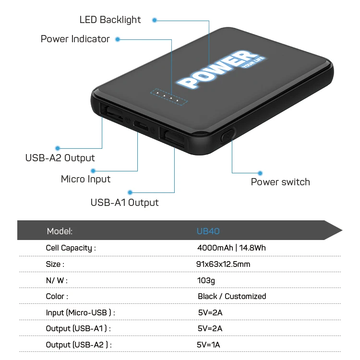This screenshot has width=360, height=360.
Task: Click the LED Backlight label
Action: (x=110, y=20)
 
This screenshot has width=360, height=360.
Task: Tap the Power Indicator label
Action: (x=75, y=39)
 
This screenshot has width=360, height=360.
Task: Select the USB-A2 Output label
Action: (x=60, y=158)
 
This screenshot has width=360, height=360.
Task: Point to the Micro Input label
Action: (x=85, y=179)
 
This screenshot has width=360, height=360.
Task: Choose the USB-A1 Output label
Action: (x=124, y=202)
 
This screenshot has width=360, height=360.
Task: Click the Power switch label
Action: (x=280, y=182)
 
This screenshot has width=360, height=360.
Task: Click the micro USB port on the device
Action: (x=141, y=125)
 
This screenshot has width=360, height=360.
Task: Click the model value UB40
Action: (x=208, y=231)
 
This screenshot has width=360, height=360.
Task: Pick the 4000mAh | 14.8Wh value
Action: (x=231, y=248)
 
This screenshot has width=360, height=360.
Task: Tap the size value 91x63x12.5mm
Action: (x=224, y=264)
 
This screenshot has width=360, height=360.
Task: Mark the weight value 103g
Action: (x=206, y=280)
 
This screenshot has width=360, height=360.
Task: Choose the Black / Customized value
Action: (x=232, y=296)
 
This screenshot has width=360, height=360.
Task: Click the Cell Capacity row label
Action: (x=71, y=248)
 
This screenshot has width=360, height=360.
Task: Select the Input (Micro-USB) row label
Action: (x=80, y=312)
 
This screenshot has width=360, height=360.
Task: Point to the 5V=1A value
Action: (x=209, y=345)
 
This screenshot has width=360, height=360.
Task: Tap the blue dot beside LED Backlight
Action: (x=155, y=20)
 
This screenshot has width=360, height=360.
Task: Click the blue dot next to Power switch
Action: (x=260, y=173)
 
